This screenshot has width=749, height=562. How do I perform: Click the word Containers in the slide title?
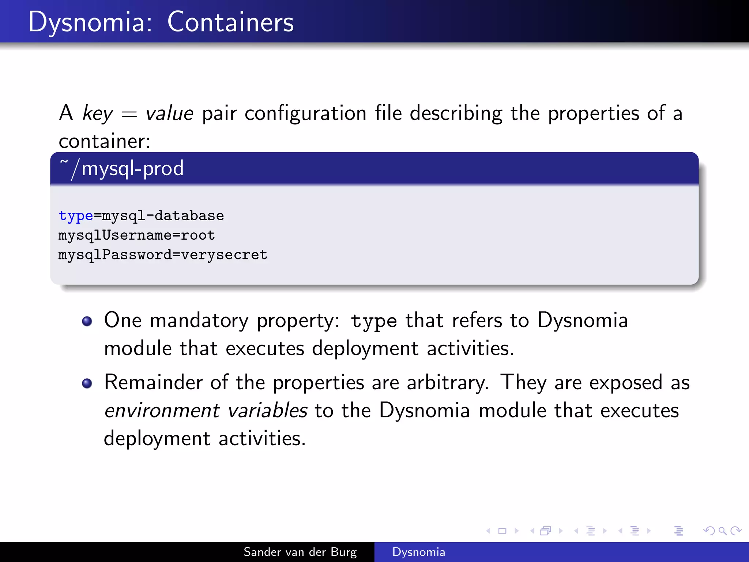click(x=230, y=22)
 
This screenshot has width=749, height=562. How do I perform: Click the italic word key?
click(x=98, y=113)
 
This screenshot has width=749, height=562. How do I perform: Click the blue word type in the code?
click(x=76, y=216)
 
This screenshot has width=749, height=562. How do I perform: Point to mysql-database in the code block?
click(x=163, y=216)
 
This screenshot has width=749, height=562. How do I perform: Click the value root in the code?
click(x=198, y=235)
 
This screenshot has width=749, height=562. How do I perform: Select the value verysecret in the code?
click(x=224, y=255)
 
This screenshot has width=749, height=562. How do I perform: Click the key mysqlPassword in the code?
click(x=114, y=255)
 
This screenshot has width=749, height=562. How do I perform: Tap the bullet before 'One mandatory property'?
click(x=87, y=321)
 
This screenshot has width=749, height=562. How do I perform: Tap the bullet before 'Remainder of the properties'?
click(x=87, y=383)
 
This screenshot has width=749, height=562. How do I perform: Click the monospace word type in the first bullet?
click(x=373, y=321)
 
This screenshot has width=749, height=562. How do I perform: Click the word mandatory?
click(x=199, y=321)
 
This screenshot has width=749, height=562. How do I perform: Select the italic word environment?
click(x=162, y=411)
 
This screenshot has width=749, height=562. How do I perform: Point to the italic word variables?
click(x=267, y=411)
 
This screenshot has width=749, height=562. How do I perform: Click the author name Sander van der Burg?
click(x=300, y=552)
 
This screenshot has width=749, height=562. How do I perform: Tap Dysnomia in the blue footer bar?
click(x=418, y=552)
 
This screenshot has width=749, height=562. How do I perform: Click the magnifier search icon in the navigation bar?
click(x=722, y=531)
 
